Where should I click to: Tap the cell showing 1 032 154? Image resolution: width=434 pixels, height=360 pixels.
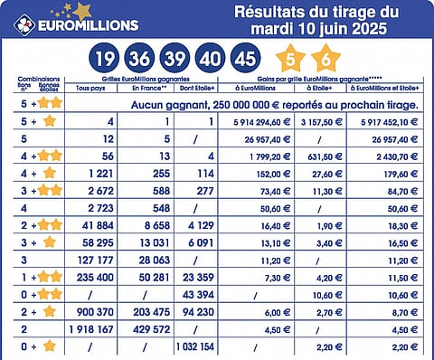193,346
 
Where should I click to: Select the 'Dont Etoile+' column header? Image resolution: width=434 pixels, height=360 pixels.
193,90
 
